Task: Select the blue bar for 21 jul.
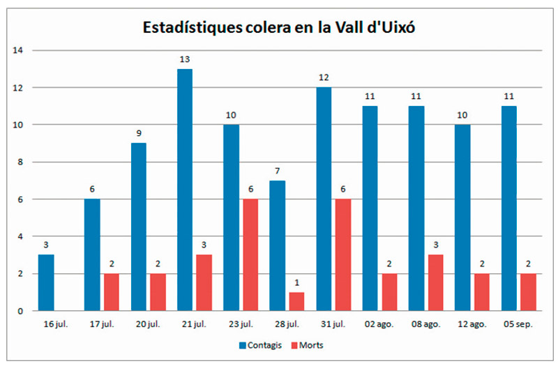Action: point(185,190)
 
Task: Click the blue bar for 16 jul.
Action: point(46,282)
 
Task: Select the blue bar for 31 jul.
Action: point(324,199)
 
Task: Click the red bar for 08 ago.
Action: point(435,282)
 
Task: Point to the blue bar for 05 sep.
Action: point(508,208)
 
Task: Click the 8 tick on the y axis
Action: point(21,162)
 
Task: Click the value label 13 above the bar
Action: point(185,60)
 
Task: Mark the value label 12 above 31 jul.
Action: point(324,78)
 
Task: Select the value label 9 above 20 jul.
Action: point(139,134)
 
